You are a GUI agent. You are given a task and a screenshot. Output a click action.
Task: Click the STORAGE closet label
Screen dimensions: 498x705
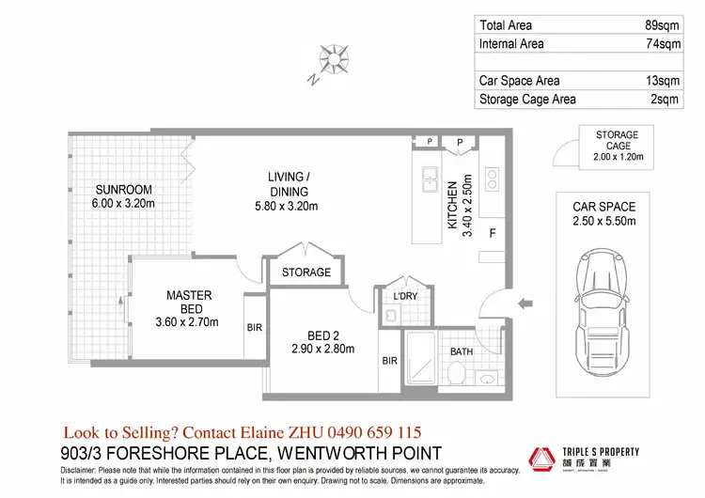306,272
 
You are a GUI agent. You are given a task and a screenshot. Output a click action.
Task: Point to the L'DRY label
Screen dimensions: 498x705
405,298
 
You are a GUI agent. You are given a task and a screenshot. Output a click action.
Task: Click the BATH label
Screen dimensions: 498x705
462,352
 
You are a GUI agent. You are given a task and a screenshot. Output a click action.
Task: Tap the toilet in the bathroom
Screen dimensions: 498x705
456,374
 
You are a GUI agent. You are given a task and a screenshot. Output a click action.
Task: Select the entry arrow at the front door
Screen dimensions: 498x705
526,303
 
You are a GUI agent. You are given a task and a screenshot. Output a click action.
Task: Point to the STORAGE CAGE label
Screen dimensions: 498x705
617,141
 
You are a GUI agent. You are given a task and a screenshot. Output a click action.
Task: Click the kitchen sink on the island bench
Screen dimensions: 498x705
429,177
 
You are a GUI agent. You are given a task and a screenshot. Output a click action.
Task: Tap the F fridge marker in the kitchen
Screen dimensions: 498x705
491,231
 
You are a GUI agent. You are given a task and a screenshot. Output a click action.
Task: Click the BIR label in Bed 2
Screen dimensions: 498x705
390,360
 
